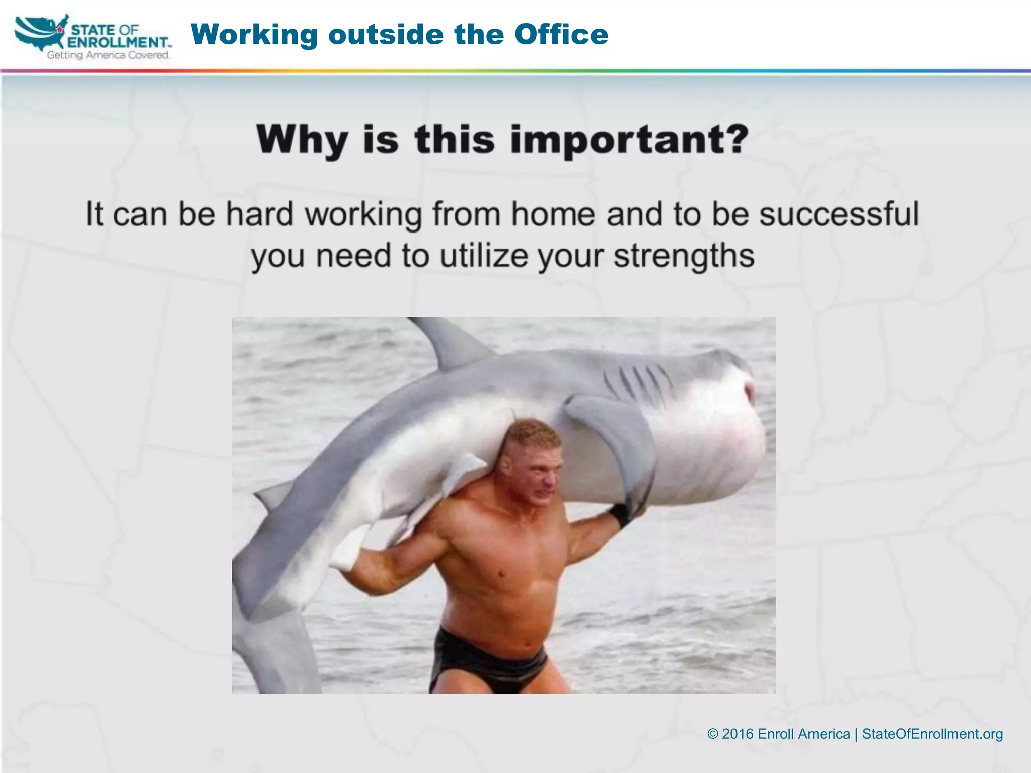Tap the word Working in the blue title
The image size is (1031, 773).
tap(254, 35)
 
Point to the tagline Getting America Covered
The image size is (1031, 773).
tap(108, 55)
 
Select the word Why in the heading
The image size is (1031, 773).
tap(301, 140)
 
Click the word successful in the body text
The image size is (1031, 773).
tap(839, 214)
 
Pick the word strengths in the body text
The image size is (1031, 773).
tap(684, 256)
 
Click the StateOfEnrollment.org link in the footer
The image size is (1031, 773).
tap(932, 734)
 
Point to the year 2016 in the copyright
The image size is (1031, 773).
tap(738, 734)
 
